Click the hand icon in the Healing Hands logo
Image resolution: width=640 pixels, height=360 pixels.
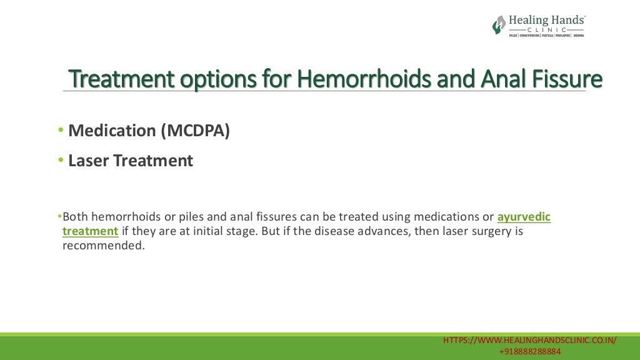[x=499, y=25]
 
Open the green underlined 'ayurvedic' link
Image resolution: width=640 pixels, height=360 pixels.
[x=524, y=217]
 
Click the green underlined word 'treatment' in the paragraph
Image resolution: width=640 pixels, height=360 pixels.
[x=90, y=231]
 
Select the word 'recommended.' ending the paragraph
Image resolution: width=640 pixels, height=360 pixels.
[x=103, y=246]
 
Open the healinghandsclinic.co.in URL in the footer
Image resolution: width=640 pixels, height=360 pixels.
[x=530, y=340]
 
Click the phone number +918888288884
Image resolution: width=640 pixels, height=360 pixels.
[x=530, y=352]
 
